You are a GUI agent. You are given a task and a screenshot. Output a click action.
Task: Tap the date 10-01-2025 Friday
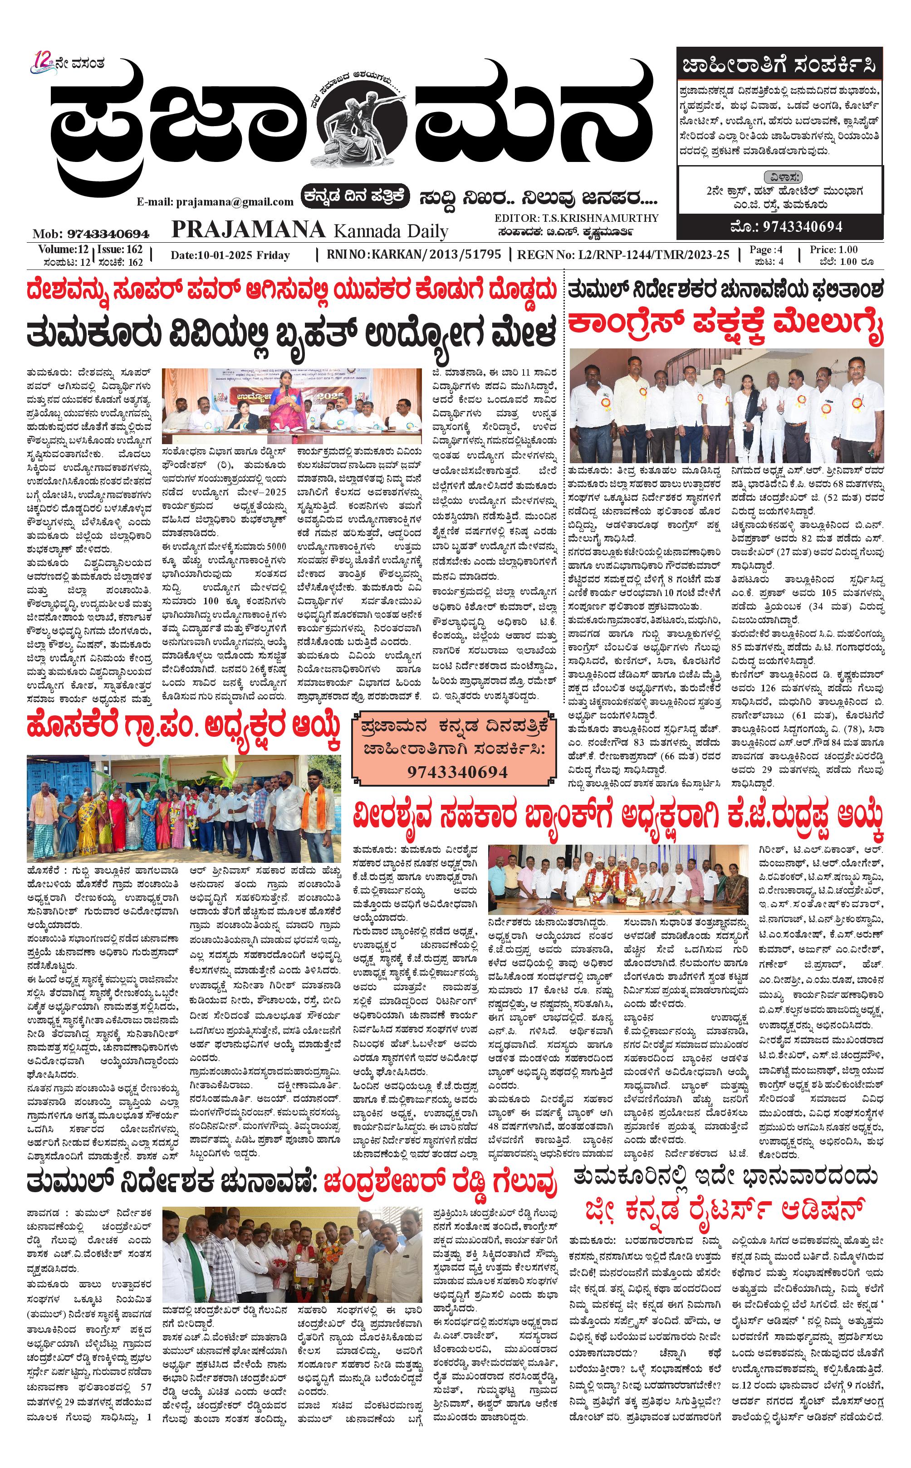tap(230, 255)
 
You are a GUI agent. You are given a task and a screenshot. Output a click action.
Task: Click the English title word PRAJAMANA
tap(248, 230)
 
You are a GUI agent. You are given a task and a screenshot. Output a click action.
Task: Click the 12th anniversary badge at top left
tap(44, 63)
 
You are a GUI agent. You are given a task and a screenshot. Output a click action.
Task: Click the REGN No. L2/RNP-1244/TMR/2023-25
tap(623, 255)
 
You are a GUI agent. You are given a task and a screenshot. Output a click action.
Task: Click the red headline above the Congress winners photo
tap(725, 325)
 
